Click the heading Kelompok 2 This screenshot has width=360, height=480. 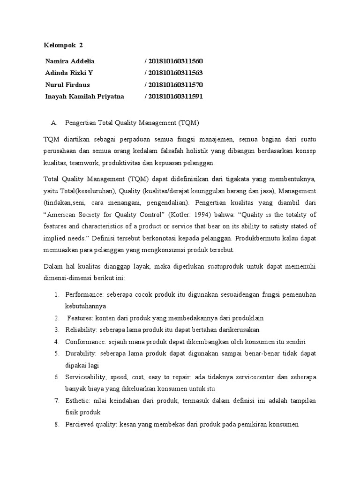point(63,45)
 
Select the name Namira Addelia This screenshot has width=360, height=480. point(70,61)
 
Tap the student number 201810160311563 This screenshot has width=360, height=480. point(176,73)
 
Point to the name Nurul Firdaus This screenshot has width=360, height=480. point(67,85)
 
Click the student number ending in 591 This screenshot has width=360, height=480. point(176,97)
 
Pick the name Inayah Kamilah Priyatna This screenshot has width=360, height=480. point(84,97)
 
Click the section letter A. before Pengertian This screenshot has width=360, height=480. point(53,123)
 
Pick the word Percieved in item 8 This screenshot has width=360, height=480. point(80,425)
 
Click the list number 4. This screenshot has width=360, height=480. point(56,341)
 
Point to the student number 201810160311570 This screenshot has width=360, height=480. point(176,85)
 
